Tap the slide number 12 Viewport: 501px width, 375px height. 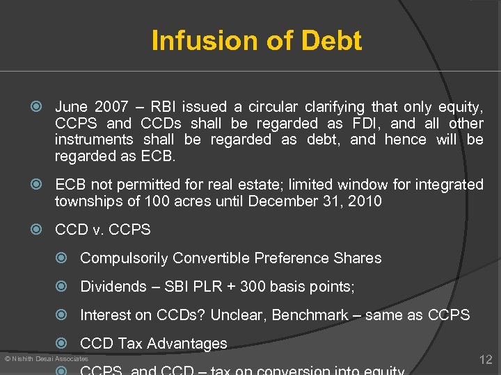486,359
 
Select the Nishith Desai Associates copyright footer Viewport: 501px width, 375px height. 46,358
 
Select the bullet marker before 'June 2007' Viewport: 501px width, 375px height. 40,107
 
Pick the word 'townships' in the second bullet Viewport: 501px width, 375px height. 86,202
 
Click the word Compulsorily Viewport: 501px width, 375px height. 124,258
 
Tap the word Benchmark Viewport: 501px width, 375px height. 310,315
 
